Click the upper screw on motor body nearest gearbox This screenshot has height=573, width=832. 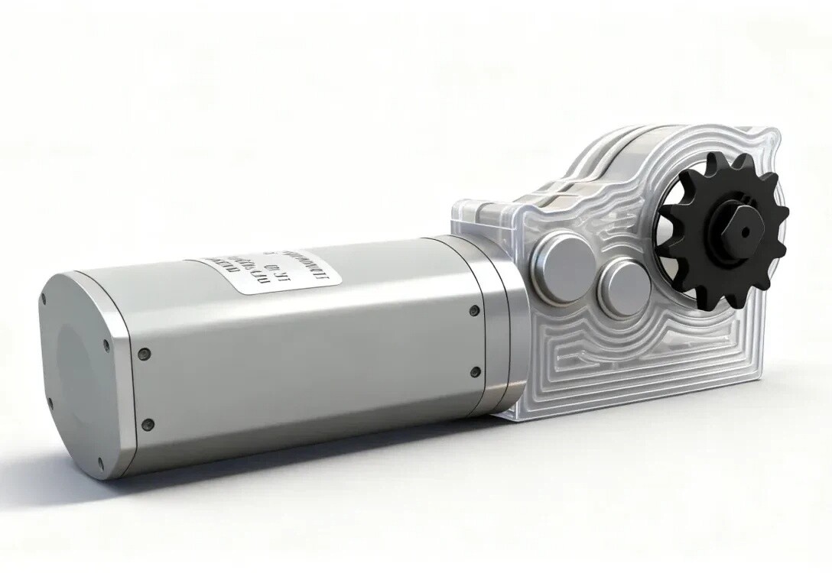click(474, 310)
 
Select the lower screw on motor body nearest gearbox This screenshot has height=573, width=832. click(475, 372)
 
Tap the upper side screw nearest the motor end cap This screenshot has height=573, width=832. click(143, 354)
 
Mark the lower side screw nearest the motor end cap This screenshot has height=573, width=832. click(148, 424)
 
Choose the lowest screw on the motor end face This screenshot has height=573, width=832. click(99, 462)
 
